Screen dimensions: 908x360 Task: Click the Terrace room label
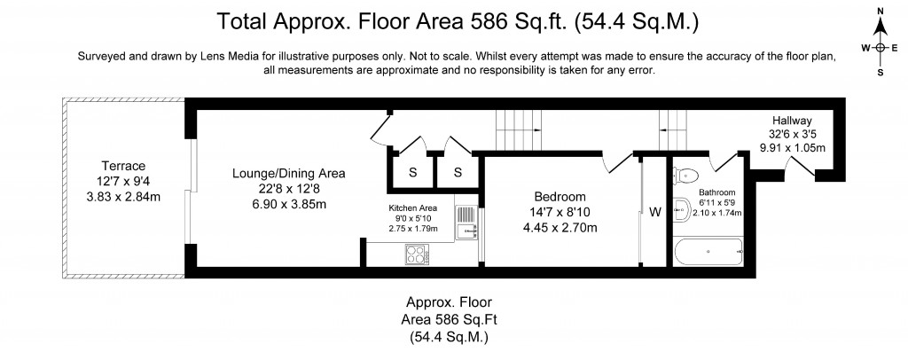click(x=123, y=166)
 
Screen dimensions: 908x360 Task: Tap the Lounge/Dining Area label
click(x=288, y=173)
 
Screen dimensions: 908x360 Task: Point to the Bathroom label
click(x=716, y=192)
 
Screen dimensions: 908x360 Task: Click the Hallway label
click(x=792, y=121)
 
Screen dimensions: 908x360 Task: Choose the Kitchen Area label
click(x=413, y=208)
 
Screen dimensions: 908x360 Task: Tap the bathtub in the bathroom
click(x=708, y=252)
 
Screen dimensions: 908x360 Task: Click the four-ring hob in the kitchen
click(x=417, y=254)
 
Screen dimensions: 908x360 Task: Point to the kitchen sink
click(x=466, y=223)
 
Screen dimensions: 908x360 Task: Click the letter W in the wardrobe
click(x=655, y=213)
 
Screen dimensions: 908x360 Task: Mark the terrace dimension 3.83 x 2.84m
click(x=123, y=197)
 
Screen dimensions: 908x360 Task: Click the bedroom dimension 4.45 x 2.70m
click(x=560, y=228)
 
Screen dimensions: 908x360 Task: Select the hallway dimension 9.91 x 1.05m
click(x=792, y=147)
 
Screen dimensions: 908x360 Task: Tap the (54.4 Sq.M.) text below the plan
click(x=449, y=337)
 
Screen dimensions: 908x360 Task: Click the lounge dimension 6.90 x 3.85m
click(x=288, y=204)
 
